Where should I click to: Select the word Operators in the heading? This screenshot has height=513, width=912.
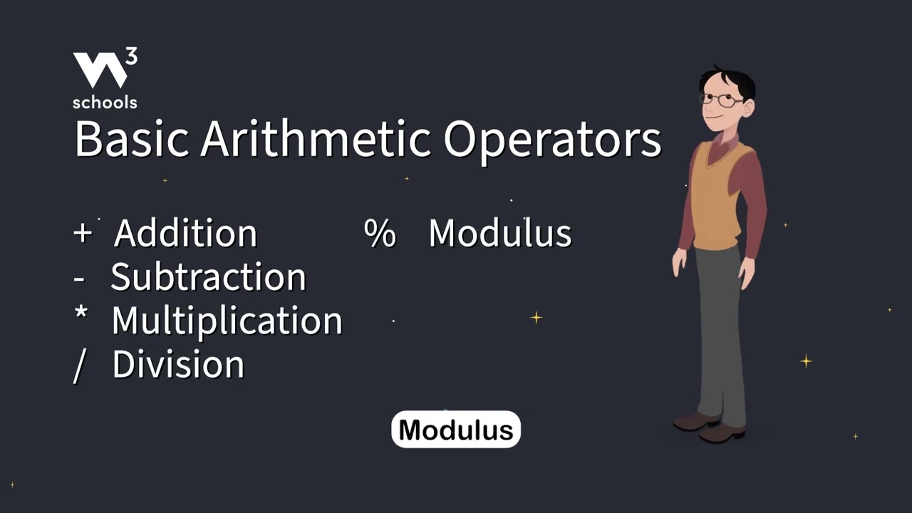[x=552, y=140]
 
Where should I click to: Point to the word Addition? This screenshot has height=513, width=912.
[x=186, y=233]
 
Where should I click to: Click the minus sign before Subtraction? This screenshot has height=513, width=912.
[x=78, y=279]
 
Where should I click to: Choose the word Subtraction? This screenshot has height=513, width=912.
[x=208, y=277]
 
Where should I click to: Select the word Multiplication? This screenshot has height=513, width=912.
[x=227, y=321]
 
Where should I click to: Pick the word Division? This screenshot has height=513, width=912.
[x=178, y=364]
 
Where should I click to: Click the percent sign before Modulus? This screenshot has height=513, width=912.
[x=380, y=234]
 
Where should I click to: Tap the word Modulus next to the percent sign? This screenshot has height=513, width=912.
[x=499, y=233]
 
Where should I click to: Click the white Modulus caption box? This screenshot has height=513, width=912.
[x=456, y=430]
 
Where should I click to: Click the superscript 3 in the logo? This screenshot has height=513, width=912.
[x=131, y=58]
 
